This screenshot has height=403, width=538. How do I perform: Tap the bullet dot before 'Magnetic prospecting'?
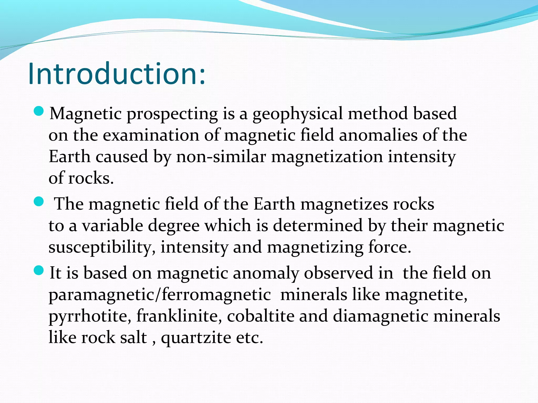tap(39, 111)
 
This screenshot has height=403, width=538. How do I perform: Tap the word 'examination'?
tap(151, 135)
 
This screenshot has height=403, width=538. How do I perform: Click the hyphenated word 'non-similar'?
tap(221, 157)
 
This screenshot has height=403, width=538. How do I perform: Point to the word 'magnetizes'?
tap(344, 204)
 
